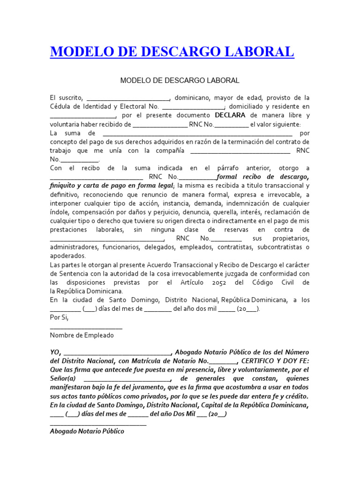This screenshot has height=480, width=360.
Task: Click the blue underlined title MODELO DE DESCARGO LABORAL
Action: pyautogui.click(x=172, y=52)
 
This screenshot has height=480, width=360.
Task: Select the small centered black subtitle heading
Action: pyautogui.click(x=180, y=81)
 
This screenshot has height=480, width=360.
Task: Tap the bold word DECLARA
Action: pyautogui.click(x=230, y=115)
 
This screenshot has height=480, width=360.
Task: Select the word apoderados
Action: pyautogui.click(x=68, y=256)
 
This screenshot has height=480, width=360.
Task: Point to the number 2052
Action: pyautogui.click(x=219, y=283)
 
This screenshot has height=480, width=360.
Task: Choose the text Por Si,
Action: pyautogui.click(x=59, y=317)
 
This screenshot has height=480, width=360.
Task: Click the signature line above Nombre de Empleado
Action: pyautogui.click(x=86, y=327)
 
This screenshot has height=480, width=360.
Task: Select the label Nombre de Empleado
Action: pyautogui.click(x=82, y=336)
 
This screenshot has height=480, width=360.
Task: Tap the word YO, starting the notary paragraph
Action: pyautogui.click(x=55, y=352)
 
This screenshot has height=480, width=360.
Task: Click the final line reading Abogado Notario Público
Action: pyautogui.click(x=87, y=431)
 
